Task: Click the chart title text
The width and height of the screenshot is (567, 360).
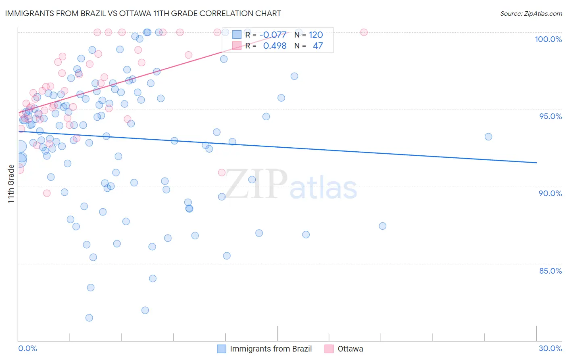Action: coord(143,13)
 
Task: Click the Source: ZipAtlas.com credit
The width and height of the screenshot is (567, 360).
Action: coord(531,13)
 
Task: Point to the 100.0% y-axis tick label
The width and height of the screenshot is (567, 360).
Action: coord(548,39)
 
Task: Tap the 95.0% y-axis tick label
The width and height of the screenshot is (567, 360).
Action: coord(550,116)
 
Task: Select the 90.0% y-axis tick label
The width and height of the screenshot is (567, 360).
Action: coord(550,193)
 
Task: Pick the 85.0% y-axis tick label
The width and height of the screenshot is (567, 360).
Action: coord(550,271)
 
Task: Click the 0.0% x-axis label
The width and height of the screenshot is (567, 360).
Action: coord(27,348)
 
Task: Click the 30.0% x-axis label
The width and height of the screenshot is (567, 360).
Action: coord(550,348)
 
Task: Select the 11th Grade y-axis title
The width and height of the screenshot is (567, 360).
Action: coord(11,184)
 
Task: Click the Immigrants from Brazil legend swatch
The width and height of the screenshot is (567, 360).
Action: coord(221,349)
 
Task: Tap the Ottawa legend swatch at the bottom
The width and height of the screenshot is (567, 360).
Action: coord(329,349)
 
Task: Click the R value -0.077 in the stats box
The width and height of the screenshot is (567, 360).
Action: coord(273,35)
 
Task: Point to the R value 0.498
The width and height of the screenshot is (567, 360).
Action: coord(275,46)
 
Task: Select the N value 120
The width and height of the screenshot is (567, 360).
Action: coord(316,35)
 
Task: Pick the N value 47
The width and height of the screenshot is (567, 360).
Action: coord(318,46)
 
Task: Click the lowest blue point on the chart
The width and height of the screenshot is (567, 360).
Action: coord(89,318)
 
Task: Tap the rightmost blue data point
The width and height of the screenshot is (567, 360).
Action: coord(488,137)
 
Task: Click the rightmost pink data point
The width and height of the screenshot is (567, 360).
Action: coord(364,32)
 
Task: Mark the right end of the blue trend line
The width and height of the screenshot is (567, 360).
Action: coord(536,162)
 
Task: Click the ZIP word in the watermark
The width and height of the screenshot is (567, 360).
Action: coord(256,184)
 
